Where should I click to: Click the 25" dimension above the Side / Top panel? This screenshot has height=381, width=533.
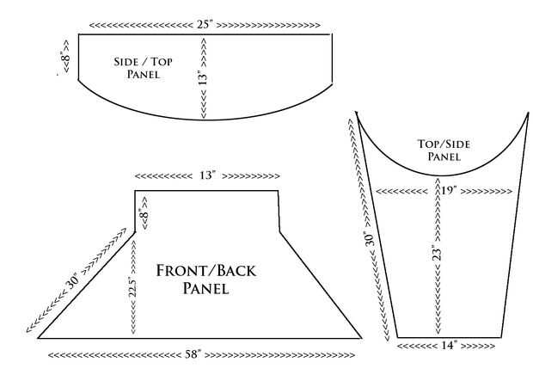(205, 23)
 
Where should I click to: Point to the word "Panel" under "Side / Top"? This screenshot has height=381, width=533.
(143, 75)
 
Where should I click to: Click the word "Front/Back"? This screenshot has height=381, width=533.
(205, 271)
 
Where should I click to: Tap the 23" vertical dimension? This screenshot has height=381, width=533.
(438, 255)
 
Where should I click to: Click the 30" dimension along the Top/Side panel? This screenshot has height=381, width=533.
(368, 236)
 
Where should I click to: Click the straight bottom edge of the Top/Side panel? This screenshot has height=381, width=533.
(447, 336)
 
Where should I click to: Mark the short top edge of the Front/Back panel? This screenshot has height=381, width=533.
(206, 190)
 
